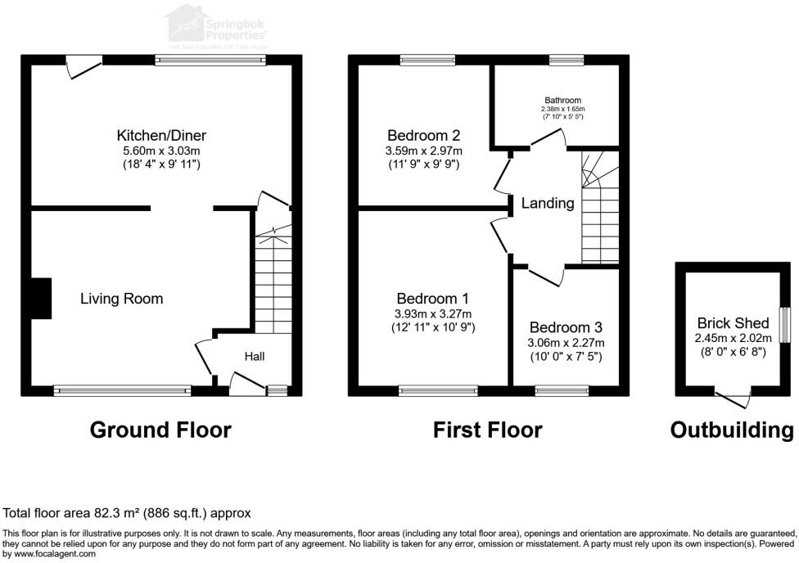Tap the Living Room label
[x=121, y=299]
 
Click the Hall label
[x=255, y=356]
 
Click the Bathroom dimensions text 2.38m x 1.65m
[x=563, y=109]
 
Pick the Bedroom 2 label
[x=423, y=135]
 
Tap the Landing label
[x=548, y=203]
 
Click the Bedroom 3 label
[x=564, y=327]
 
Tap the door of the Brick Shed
[x=734, y=399]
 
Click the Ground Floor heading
[x=160, y=430]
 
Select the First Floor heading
[x=488, y=430]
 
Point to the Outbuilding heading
[x=731, y=430]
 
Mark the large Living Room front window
[x=123, y=390]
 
